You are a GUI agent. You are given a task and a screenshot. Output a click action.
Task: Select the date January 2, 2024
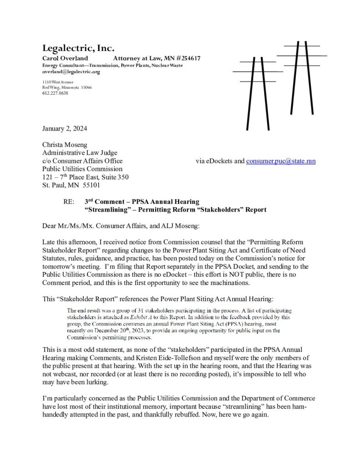(x=64, y=128)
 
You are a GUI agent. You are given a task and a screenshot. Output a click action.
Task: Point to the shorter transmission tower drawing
(x=258, y=93)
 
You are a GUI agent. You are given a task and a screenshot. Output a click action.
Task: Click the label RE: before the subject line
(x=71, y=202)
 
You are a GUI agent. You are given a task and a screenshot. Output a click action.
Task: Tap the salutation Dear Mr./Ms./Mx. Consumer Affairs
(x=99, y=225)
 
